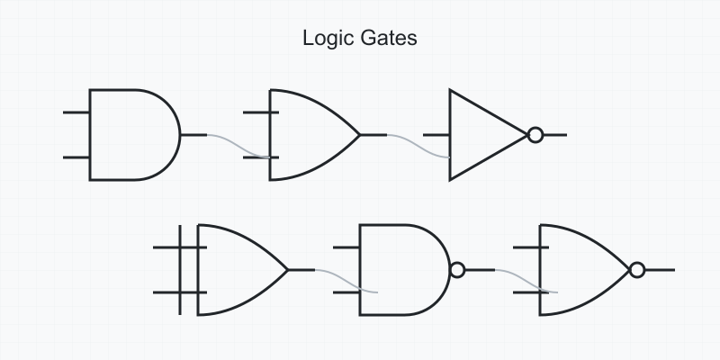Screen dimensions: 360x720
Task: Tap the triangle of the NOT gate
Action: click(481, 135)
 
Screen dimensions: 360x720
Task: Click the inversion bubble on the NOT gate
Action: click(535, 135)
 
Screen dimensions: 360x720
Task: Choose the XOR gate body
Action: click(238, 270)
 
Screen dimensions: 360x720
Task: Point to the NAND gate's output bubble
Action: click(456, 270)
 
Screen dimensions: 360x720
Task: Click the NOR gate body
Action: click(580, 270)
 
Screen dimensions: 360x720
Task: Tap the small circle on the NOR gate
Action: click(637, 270)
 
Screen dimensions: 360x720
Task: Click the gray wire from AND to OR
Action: click(239, 146)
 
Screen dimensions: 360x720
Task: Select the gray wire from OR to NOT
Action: click(419, 146)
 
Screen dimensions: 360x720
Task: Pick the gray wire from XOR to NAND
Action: click(346, 281)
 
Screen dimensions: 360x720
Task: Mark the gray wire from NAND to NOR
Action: click(526, 281)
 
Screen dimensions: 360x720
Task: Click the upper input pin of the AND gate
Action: click(76, 112)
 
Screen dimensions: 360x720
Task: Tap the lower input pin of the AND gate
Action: click(76, 157)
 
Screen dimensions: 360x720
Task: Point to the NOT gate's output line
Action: click(555, 135)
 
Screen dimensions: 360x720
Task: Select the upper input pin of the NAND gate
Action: click(346, 247)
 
